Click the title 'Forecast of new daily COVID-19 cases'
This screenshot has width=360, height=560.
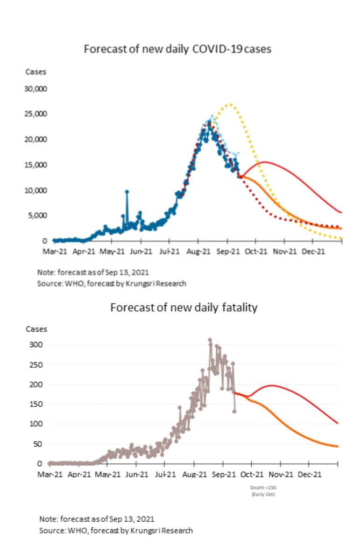click(x=177, y=49)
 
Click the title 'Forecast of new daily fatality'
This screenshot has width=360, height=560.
click(x=184, y=308)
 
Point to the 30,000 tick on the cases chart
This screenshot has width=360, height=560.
click(x=35, y=89)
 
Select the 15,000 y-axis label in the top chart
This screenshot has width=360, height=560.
click(x=35, y=165)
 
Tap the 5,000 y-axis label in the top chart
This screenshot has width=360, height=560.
click(x=37, y=216)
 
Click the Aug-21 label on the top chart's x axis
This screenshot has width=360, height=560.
click(x=198, y=251)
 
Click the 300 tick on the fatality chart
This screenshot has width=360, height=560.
click(x=37, y=345)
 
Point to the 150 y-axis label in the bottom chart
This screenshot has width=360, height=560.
click(x=37, y=404)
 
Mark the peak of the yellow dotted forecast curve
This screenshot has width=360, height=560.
click(x=229, y=105)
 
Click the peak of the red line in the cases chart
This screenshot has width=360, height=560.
click(x=265, y=162)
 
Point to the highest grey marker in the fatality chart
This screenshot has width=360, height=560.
click(x=210, y=340)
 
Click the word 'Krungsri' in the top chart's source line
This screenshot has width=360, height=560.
click(x=145, y=283)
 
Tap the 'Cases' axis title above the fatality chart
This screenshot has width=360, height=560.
click(x=36, y=329)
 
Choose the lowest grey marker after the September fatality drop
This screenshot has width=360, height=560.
click(x=234, y=411)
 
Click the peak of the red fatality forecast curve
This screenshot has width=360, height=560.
click(x=272, y=385)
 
